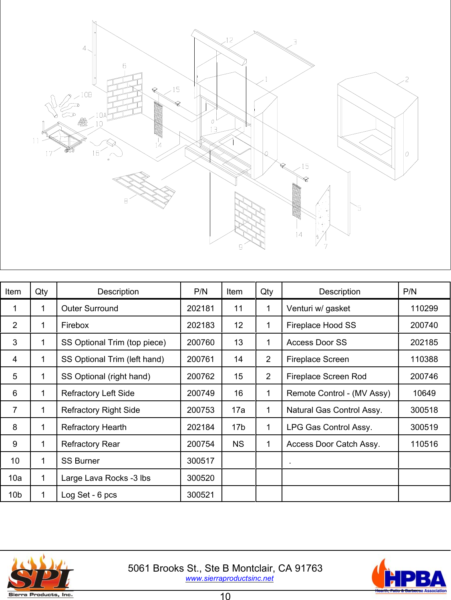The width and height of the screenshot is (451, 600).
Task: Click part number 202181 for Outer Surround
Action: [201, 308]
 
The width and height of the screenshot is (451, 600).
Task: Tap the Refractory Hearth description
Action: [94, 427]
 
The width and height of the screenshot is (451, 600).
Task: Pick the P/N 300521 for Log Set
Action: [201, 495]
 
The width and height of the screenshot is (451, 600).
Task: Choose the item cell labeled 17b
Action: [238, 427]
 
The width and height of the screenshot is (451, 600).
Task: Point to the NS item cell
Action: [238, 444]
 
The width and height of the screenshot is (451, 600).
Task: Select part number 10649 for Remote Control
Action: [424, 393]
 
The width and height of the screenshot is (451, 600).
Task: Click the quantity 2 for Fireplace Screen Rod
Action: [268, 376]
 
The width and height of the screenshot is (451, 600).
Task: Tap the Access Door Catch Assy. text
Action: [333, 444]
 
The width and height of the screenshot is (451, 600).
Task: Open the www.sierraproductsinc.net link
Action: [230, 578]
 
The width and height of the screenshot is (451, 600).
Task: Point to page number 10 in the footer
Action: [225, 596]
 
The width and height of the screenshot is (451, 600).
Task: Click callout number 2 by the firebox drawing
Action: [407, 80]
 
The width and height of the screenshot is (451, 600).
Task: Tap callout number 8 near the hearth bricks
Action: [126, 201]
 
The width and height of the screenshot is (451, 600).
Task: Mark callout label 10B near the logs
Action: [86, 95]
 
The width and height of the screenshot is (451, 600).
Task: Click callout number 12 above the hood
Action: [230, 40]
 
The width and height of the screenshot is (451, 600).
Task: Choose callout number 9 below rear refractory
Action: [241, 247]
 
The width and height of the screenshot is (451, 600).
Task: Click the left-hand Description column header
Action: [118, 292]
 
